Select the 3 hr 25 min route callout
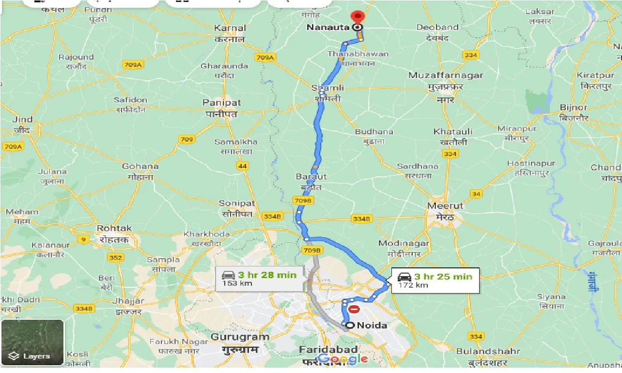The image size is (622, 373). click(435, 280)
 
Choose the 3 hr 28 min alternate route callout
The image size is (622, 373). click(259, 279)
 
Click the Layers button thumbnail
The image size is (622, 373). click(32, 342)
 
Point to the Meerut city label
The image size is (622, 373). click(445, 206)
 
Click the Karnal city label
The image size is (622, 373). click(230, 28)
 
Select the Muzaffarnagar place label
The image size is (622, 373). click(445, 76)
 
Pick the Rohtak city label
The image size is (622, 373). click(114, 228)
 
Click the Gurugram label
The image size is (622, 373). click(240, 337)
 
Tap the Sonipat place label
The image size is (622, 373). click(237, 203)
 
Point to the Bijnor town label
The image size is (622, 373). click(573, 108)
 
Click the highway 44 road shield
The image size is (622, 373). click(243, 166)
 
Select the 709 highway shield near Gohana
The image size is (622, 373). click(187, 140)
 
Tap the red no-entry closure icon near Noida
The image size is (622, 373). click(355, 309)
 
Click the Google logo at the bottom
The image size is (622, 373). click(343, 359)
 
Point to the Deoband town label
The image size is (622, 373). click(437, 28)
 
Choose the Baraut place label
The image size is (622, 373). click(311, 177)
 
